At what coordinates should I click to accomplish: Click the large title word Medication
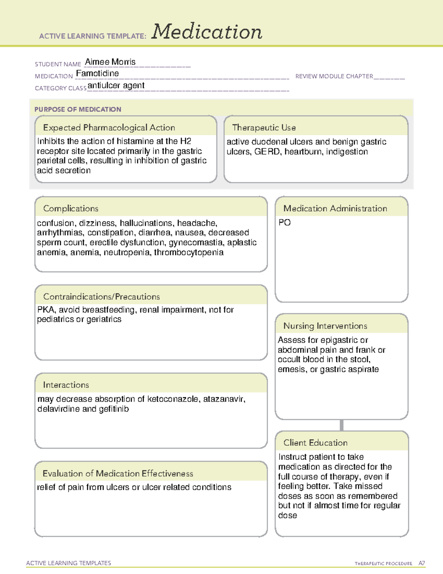[207, 32]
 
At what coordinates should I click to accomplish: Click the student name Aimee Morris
[110, 62]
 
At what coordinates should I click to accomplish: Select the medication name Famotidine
[97, 73]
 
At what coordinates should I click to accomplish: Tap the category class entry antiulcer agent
[116, 85]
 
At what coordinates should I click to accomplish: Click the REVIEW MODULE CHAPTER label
[334, 76]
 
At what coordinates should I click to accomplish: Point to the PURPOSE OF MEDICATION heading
[78, 109]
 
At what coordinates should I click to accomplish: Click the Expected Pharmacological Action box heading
[109, 128]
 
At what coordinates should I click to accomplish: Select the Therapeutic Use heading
[264, 128]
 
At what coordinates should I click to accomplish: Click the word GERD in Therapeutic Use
[267, 152]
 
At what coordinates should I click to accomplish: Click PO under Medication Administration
[285, 223]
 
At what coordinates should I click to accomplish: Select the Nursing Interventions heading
[325, 326]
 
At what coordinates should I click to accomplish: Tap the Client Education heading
[315, 443]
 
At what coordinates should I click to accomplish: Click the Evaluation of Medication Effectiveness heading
[118, 473]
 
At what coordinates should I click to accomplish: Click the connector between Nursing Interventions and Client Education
[341, 425]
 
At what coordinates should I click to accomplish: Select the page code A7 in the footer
[421, 563]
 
